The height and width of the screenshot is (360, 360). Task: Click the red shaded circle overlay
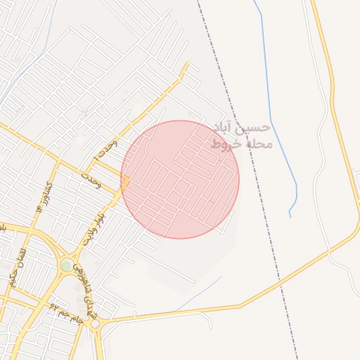[180, 179]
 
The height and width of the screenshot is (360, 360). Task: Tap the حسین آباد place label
[242, 128]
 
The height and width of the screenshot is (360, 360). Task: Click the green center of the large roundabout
[66, 265]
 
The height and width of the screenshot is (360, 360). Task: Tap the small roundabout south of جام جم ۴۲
[95, 324]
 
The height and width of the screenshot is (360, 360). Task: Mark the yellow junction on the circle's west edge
[124, 181]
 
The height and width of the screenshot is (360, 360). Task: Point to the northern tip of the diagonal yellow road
[188, 64]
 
